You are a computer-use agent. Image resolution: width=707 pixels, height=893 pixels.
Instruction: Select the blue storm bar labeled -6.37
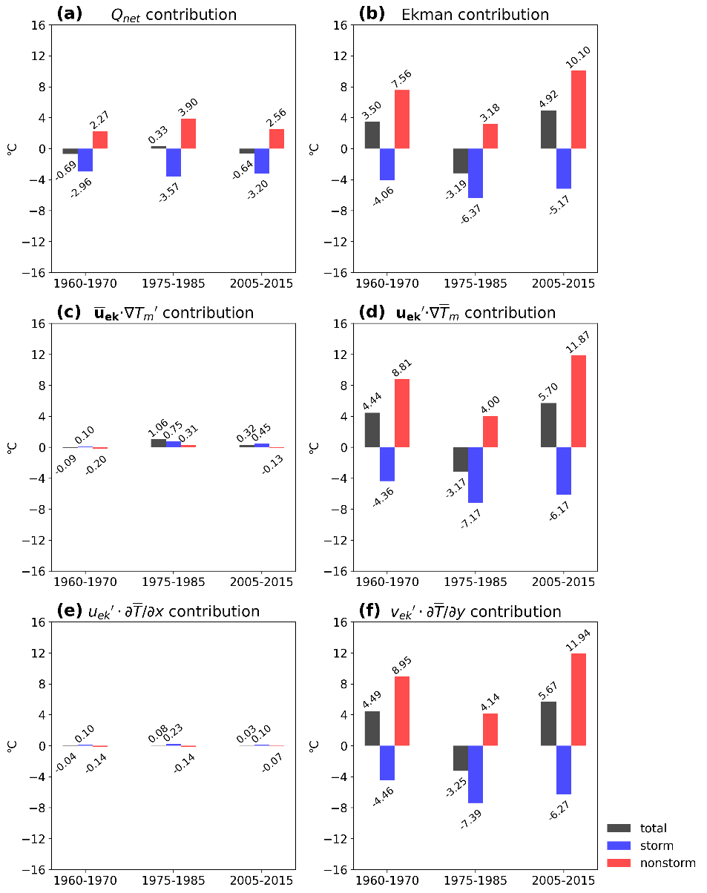coord(476,174)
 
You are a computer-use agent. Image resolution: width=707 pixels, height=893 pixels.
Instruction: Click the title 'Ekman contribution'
coord(485,15)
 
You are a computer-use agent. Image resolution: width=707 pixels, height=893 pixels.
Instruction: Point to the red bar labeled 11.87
coord(579,401)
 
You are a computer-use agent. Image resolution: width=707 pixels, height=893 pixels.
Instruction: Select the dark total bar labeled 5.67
coord(549,724)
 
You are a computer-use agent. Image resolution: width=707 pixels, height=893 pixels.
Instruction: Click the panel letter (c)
coord(68,313)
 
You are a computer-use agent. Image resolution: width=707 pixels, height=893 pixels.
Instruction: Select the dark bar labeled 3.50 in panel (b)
coord(372,135)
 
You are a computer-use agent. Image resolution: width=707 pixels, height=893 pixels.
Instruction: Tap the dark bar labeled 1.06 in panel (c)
coord(159,444)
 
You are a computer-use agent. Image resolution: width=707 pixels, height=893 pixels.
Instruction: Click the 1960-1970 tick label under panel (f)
coord(387,882)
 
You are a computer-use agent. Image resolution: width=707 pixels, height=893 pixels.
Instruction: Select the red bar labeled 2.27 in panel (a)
coord(100,140)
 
